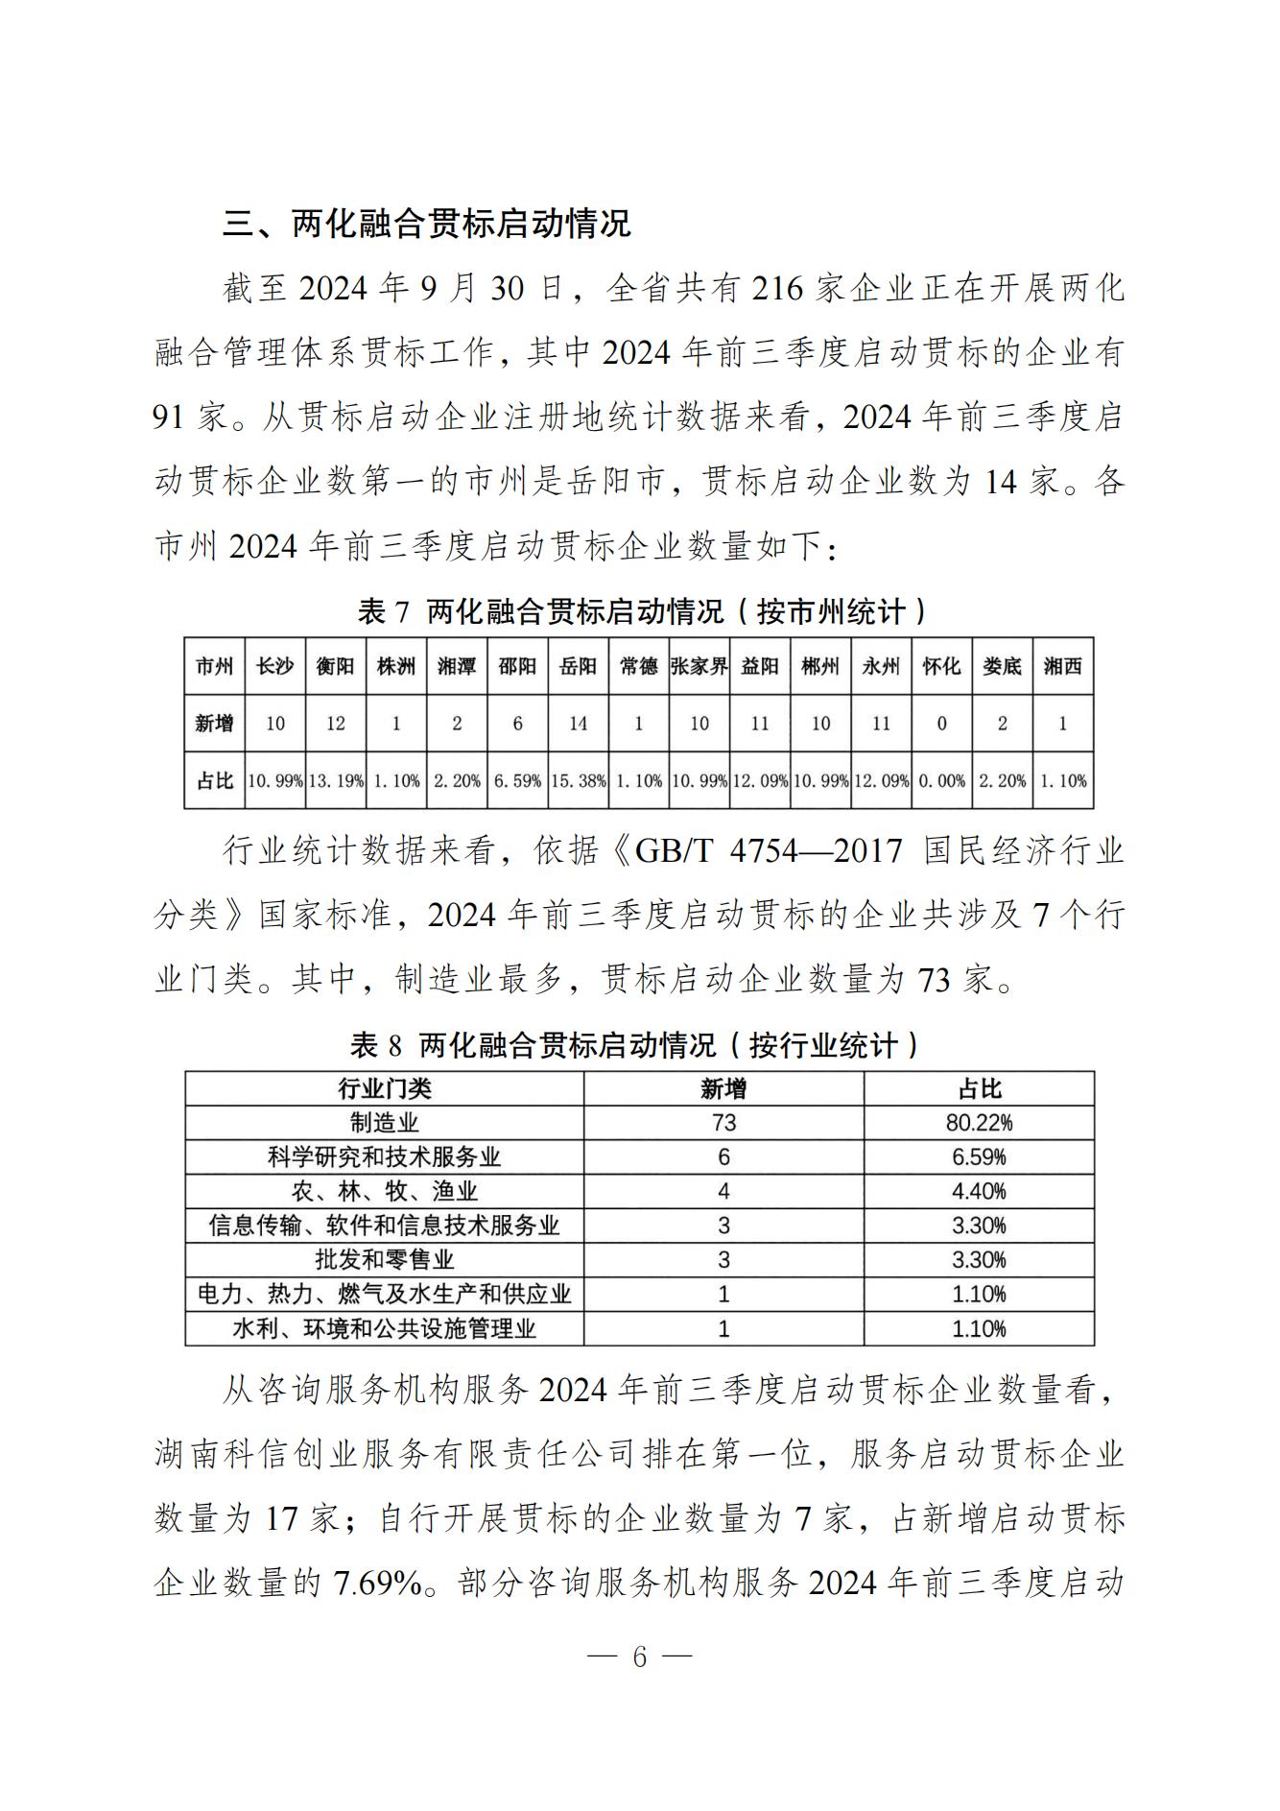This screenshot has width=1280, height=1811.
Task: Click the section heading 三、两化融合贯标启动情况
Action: point(427,224)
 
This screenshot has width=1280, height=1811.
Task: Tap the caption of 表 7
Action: point(640,611)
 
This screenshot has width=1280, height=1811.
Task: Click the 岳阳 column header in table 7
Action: point(578,666)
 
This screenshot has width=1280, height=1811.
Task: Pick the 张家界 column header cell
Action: point(699,666)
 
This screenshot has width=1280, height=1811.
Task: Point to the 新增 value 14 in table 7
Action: point(578,724)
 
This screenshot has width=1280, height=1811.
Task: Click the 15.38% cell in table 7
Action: point(578,781)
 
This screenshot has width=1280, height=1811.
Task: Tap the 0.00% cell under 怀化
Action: point(941,781)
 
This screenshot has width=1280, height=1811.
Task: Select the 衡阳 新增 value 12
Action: point(335,724)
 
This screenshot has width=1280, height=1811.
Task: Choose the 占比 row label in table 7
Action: point(215,781)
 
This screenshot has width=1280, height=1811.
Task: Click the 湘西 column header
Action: point(1062,666)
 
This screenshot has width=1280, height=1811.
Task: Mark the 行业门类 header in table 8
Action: point(384,1088)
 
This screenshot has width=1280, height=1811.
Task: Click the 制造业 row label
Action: point(384,1123)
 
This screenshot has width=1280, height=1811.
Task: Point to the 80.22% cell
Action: point(979,1123)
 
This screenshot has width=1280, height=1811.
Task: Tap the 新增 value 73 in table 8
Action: point(723,1123)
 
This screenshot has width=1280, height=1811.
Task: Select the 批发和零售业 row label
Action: point(384,1259)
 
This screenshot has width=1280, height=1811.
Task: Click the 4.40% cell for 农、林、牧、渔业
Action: point(979,1191)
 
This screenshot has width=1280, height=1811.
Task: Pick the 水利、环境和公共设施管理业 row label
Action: point(384,1328)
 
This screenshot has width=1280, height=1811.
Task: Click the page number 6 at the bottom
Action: point(640,1656)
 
